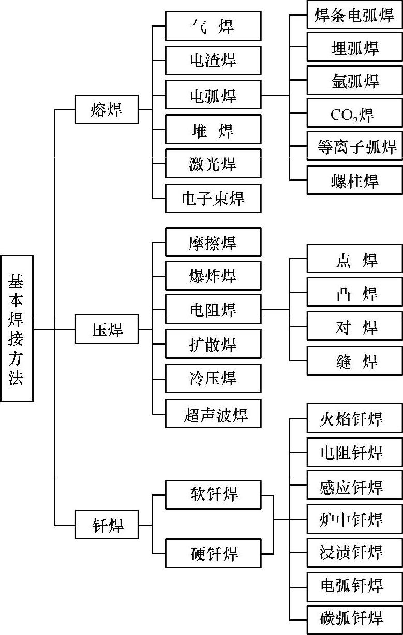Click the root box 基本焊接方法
click(17, 328)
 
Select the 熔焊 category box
click(107, 109)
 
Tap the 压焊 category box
click(107, 329)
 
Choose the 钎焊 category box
click(107, 525)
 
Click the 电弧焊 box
click(213, 95)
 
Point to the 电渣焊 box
click(213, 60)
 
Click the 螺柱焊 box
click(354, 180)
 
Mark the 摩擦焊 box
click(213, 242)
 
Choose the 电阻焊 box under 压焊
click(213, 309)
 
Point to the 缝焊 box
click(354, 361)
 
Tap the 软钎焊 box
click(213, 494)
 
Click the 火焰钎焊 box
click(354, 418)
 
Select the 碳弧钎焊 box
click(354, 619)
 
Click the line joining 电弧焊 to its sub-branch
click(275, 95)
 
